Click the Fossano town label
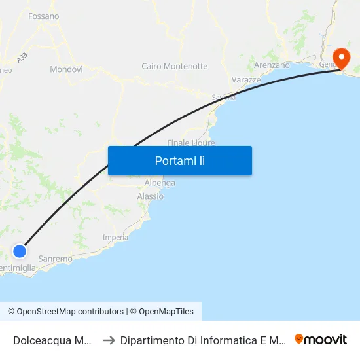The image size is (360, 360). pos(44,16)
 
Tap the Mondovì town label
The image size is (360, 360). pos(66,69)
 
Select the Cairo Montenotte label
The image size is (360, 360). pos(174,66)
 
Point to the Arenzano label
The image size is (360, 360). pos(272,65)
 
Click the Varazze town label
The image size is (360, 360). pos(246,79)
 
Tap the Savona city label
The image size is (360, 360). pos(223,97)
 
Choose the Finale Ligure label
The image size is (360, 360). pos(190,142)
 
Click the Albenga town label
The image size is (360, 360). pos(160,183)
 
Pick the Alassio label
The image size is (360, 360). pos(151,196)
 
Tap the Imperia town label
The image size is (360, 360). pos(116,237)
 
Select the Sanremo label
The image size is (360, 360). pos(55,259)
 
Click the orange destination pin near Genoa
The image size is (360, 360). pos(341,58)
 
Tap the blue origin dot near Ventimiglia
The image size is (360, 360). pos(20,251)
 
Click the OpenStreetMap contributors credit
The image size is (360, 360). pos(65,312)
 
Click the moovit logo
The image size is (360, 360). pos(321,339)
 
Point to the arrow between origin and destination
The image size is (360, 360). pos(109,340)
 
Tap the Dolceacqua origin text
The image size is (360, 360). pos(52,340)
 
